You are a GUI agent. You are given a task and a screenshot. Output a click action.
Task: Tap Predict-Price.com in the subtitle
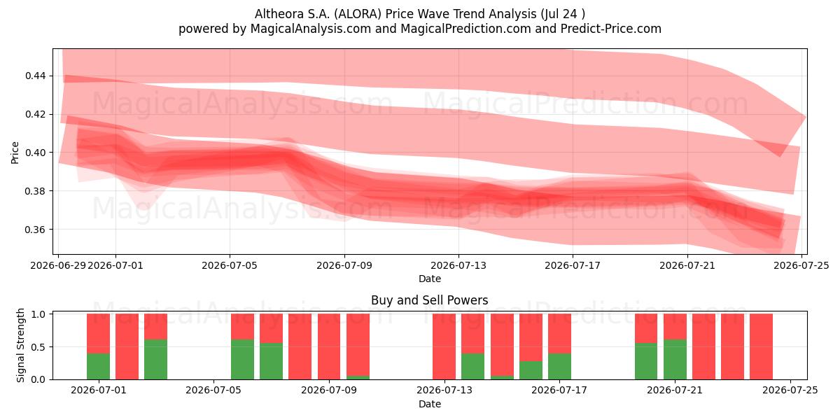pos(611,29)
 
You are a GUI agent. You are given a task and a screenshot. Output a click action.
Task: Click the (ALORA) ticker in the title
pos(358,14)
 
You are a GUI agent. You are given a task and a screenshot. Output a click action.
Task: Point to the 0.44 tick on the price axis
pos(35,76)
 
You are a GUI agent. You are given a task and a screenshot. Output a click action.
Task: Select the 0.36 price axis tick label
pos(35,230)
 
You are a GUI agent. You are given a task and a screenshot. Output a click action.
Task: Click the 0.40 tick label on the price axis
pos(35,153)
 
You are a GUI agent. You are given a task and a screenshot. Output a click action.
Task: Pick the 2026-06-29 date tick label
pos(58,265)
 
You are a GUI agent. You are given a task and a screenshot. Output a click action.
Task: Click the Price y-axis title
pos(15,153)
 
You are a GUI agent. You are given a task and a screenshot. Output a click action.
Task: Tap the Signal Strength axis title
pos(20,345)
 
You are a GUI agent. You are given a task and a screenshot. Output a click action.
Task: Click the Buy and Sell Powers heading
pos(429,300)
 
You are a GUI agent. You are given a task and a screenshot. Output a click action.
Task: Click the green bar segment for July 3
pos(155,359)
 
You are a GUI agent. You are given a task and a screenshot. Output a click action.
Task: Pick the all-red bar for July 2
pos(127,346)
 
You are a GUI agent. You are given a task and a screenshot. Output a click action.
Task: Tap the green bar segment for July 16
pos(531,370)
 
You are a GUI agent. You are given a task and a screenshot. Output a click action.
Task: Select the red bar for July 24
pos(762,346)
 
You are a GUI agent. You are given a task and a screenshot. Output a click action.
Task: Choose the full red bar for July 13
pos(444,346)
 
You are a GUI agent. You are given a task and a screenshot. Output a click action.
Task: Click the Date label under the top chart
pos(430,279)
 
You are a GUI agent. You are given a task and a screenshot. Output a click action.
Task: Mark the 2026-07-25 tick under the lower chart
pos(790,390)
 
